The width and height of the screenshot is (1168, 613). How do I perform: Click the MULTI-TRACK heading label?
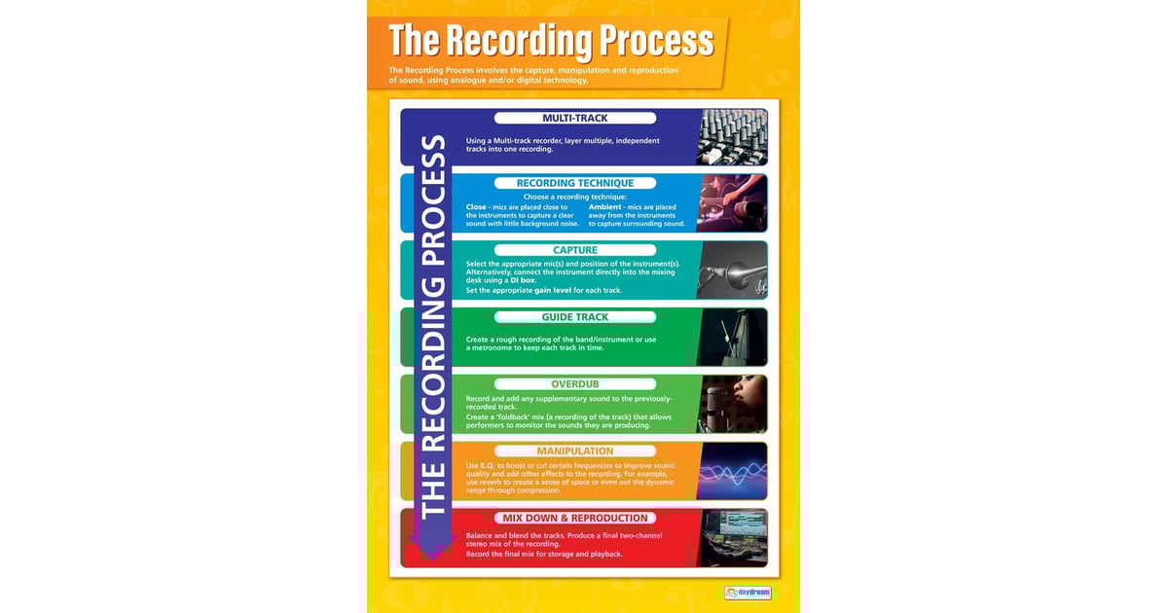point(574,119)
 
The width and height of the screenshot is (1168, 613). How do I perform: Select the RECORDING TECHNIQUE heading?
point(574,183)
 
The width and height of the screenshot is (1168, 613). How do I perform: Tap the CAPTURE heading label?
point(574,250)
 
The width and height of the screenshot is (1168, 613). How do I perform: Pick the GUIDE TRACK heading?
point(574,317)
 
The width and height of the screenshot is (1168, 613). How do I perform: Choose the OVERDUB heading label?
point(574,384)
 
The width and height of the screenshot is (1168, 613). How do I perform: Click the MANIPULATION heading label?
point(574,451)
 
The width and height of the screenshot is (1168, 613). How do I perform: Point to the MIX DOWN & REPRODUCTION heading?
point(574,519)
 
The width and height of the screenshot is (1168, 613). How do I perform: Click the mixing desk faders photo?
point(732,137)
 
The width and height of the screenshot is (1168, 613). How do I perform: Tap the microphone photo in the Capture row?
point(732,270)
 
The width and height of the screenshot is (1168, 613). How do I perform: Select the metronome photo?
point(732,337)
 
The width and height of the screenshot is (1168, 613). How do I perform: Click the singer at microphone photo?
point(732,404)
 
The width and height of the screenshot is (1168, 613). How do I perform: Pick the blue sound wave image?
point(732,471)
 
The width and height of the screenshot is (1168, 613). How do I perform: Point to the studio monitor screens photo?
point(732,538)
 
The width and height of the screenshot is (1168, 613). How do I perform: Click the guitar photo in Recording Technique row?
point(732,202)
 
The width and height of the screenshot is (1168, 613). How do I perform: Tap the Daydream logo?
point(748,592)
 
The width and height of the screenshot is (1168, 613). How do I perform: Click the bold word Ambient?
point(605,207)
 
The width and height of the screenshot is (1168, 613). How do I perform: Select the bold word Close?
point(476,207)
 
